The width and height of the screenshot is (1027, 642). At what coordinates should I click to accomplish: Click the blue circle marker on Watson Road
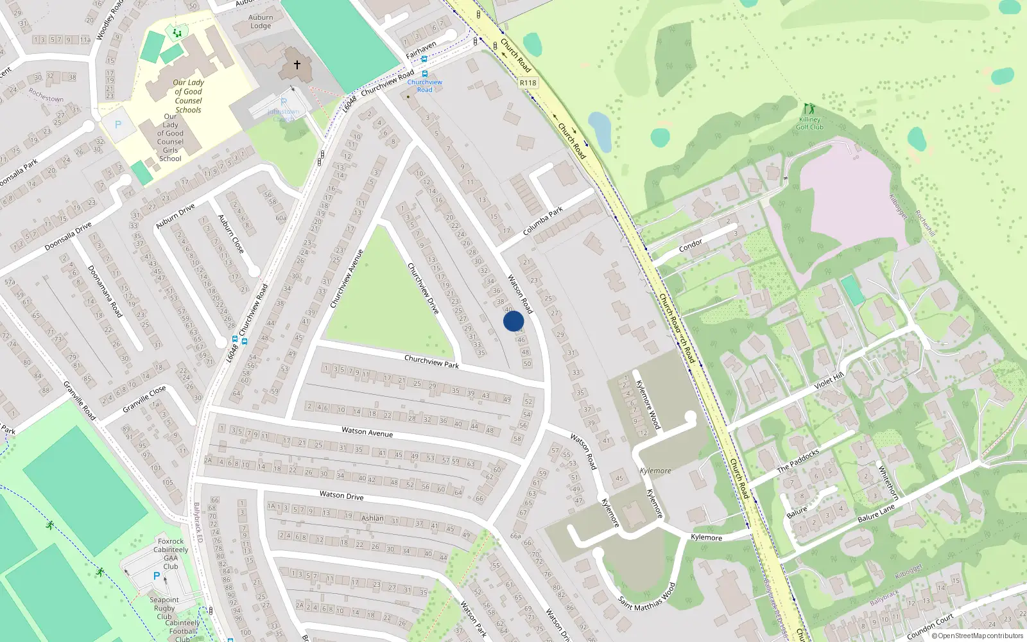coord(513,321)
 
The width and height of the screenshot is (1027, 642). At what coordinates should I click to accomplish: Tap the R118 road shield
coord(528,83)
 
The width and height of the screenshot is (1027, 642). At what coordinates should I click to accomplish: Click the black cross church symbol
coord(297,64)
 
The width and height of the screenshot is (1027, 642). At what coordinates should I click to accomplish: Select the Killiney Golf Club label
coord(809,123)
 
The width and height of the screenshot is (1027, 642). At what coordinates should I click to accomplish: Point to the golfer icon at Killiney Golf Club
coord(809,108)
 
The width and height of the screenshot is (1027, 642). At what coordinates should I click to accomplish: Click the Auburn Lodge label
coord(261,22)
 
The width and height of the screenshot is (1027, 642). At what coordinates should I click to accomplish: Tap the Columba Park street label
coord(542,221)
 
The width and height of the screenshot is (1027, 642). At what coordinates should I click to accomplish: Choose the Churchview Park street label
coord(431,361)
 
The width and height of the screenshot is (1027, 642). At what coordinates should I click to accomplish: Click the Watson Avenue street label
coord(367,432)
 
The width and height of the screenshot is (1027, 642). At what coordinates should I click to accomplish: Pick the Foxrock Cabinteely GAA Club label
coord(171,553)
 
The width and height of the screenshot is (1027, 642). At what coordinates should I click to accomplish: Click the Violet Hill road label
coord(829,381)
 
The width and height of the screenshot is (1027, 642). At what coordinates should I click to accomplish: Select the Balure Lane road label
coord(876,513)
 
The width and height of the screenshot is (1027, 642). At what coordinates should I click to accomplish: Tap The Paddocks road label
coord(798,461)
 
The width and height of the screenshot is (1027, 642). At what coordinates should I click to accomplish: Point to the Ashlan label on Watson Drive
coord(372,518)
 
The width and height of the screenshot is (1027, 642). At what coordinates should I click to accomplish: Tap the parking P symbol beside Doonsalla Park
coord(118,125)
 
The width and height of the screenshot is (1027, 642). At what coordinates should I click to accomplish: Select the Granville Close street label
coord(144,399)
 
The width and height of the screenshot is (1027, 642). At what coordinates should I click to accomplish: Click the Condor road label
coord(691,245)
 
